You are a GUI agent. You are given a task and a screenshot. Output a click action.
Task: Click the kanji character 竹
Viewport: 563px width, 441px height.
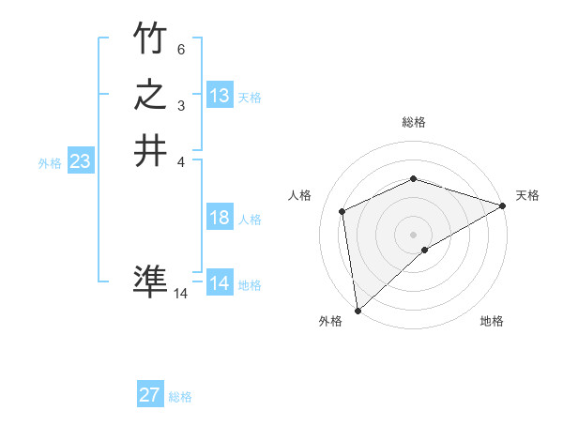click(150, 38)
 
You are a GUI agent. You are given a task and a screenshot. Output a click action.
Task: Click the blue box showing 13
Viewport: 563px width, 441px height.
click(220, 96)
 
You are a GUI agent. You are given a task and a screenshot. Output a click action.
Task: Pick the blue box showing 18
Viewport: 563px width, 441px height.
click(220, 218)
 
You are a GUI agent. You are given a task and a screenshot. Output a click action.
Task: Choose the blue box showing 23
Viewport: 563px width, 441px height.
click(80, 161)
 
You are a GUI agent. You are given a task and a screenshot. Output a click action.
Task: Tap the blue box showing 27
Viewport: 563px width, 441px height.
click(150, 395)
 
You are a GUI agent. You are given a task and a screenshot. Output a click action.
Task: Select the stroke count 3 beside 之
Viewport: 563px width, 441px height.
click(181, 105)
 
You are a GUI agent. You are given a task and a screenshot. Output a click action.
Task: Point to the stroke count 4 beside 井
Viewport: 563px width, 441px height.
click(181, 161)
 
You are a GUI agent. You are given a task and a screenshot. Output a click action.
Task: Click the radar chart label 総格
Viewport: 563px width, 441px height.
click(413, 122)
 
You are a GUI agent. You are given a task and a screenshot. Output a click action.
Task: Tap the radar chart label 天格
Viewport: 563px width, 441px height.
click(527, 195)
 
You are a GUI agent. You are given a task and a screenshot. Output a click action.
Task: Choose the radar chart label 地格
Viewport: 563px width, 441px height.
click(492, 321)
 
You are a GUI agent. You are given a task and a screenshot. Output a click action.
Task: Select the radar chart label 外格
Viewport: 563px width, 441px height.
click(330, 321)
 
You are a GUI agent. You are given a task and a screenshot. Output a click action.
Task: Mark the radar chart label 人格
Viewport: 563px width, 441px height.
click(300, 195)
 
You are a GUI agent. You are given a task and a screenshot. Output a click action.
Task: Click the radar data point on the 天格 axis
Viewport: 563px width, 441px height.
click(503, 205)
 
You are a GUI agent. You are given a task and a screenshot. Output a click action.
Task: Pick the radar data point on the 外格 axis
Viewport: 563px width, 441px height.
click(358, 310)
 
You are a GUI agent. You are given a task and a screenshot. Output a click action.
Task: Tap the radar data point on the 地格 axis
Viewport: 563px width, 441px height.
click(425, 250)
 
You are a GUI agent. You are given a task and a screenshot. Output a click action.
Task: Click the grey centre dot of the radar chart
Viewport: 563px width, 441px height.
click(413, 234)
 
